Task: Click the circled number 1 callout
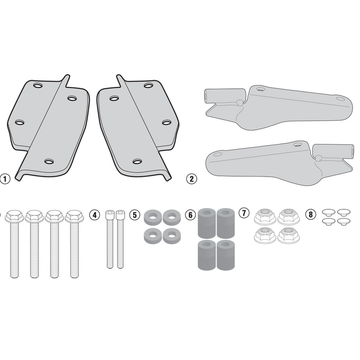click(5, 179)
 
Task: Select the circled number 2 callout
click(192, 179)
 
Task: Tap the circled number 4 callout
click(95, 215)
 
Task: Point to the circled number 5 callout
click(134, 215)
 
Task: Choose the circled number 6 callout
click(190, 215)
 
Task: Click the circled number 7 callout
click(244, 213)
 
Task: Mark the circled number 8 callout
click(311, 214)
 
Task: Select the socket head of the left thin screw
click(110, 215)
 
